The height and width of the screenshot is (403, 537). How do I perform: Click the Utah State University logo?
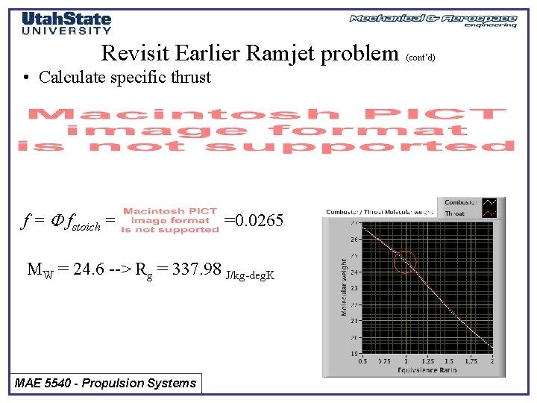pos(66,23)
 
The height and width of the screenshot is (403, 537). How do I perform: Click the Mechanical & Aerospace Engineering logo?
pos(433,20)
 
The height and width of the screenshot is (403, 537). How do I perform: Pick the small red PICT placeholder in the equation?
pos(170,220)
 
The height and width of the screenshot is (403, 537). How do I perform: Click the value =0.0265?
pos(254,221)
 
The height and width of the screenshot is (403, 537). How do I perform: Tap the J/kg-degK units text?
pos(251,275)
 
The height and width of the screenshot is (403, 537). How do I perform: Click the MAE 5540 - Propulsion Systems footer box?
pos(106,384)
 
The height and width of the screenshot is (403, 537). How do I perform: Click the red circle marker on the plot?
pos(404,262)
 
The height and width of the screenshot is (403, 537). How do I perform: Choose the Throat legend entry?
pos(455,213)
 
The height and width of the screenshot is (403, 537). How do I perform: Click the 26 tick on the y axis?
pos(355,239)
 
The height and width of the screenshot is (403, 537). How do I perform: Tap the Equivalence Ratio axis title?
pos(427,369)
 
